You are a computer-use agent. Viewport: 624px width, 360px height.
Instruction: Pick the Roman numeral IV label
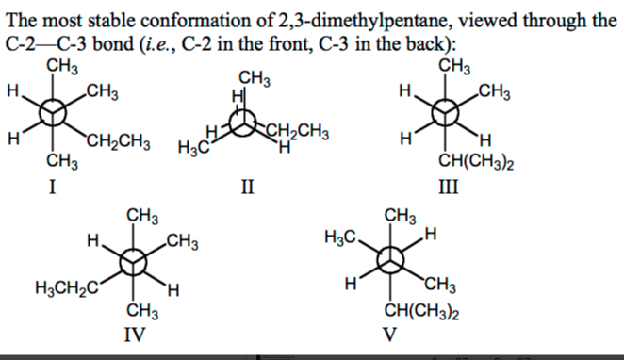tap(140, 333)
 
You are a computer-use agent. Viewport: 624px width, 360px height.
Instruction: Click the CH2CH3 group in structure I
tap(118, 143)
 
